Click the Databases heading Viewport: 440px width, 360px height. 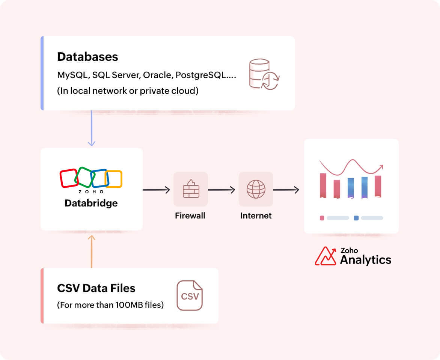click(x=87, y=57)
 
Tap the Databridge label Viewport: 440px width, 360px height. click(x=91, y=203)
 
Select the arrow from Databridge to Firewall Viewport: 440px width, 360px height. click(x=156, y=190)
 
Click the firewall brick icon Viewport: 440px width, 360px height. click(x=191, y=189)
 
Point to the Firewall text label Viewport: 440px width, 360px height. click(x=190, y=216)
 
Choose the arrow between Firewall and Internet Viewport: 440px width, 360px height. click(x=222, y=190)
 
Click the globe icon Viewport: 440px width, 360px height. click(x=256, y=189)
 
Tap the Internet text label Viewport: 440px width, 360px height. click(x=256, y=216)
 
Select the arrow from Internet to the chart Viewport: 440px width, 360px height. click(x=286, y=190)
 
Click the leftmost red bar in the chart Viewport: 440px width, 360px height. click(x=323, y=185)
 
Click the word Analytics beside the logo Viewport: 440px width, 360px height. click(x=365, y=260)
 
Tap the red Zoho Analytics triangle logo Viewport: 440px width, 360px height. click(x=325, y=256)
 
